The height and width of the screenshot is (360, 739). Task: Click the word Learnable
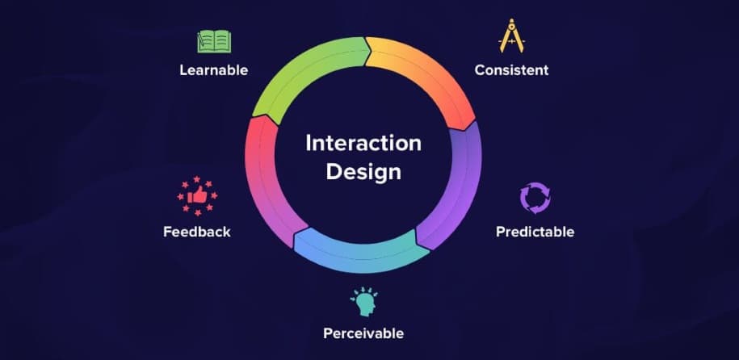tap(213, 70)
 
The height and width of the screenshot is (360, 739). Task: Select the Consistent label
tap(511, 70)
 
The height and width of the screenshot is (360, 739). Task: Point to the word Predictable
tap(535, 232)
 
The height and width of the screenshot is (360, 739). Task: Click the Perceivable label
tap(363, 333)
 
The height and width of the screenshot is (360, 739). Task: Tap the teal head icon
tap(363, 301)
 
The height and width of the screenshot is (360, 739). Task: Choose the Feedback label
tap(197, 232)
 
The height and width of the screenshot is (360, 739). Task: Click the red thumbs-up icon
tap(197, 196)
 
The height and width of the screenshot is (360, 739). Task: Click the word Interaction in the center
tap(363, 143)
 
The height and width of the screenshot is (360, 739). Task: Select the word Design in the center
tap(363, 171)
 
